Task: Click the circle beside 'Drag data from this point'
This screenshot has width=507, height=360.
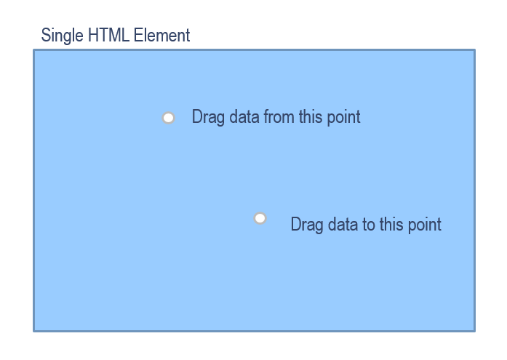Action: pyautogui.click(x=169, y=118)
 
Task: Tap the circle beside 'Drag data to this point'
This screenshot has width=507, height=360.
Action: pyautogui.click(x=260, y=218)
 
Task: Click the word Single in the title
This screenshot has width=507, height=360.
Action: pyautogui.click(x=62, y=35)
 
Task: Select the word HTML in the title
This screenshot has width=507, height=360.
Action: pyautogui.click(x=108, y=35)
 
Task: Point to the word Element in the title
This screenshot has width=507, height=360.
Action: pyautogui.click(x=161, y=35)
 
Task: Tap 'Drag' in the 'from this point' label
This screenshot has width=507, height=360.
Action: pyautogui.click(x=208, y=117)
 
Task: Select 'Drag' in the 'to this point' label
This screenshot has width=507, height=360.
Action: pyautogui.click(x=307, y=225)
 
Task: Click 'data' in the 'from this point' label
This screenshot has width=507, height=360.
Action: pyautogui.click(x=244, y=116)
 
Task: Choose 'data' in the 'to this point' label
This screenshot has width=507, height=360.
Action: pyautogui.click(x=343, y=224)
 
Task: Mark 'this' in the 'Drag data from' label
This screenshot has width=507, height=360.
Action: pyautogui.click(x=311, y=116)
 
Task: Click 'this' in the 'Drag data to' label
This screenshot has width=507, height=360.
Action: pyautogui.click(x=391, y=224)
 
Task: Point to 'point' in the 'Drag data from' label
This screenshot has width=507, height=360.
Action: pyautogui.click(x=344, y=117)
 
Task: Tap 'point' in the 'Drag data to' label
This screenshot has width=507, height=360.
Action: pyautogui.click(x=425, y=225)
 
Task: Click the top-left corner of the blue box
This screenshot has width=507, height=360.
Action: pyautogui.click(x=33, y=49)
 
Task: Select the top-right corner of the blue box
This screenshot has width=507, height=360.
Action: pyautogui.click(x=475, y=49)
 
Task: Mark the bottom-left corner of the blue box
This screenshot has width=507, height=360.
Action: pyautogui.click(x=33, y=332)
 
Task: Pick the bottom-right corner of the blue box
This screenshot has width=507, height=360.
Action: pyautogui.click(x=475, y=332)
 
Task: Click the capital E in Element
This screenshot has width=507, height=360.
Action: pyautogui.click(x=138, y=35)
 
